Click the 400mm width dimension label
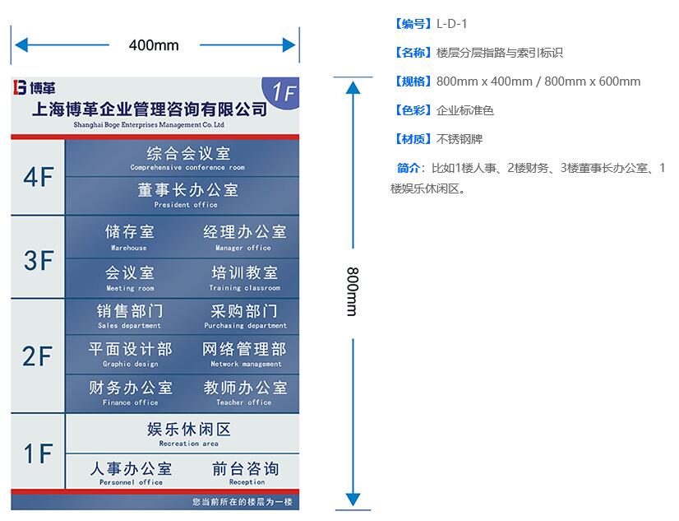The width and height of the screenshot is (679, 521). [154, 45]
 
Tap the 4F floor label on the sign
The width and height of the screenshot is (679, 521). [38, 178]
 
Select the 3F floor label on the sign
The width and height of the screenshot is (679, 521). [38, 260]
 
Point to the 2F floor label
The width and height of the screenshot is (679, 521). [38, 356]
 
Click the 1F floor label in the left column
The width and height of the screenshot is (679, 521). [38, 454]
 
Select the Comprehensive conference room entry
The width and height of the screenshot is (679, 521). [187, 158]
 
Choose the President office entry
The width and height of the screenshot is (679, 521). [187, 195]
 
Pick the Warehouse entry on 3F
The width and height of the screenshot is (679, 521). [129, 237]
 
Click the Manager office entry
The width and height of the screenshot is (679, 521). [244, 237]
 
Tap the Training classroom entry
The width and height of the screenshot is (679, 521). [244, 277]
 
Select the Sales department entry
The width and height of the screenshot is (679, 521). [129, 316]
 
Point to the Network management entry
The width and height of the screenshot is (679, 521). [245, 354]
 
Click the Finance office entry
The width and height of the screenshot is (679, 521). [130, 393]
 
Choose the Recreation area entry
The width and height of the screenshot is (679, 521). [188, 434]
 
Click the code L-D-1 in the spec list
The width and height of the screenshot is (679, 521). [452, 24]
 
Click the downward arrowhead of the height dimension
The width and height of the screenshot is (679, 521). [353, 499]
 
